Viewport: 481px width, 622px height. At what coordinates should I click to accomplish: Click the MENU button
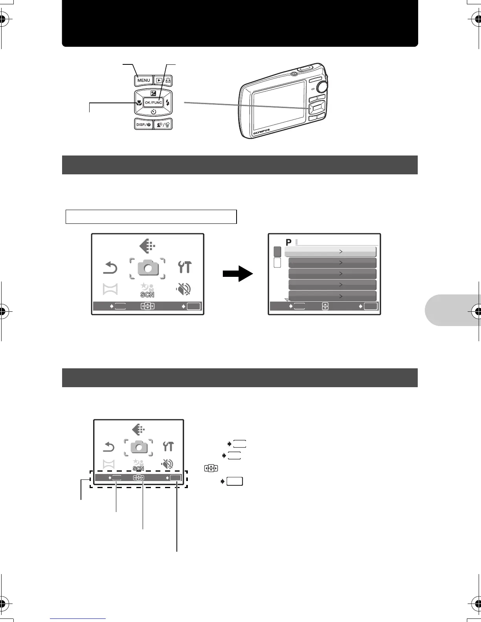(144, 80)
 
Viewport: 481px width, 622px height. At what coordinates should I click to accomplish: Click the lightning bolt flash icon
(168, 103)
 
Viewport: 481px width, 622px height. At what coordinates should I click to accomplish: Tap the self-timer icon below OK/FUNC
(153, 112)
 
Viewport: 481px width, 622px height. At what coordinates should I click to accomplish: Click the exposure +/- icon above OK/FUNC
(153, 93)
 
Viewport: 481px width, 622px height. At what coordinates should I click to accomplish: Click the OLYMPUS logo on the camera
(262, 132)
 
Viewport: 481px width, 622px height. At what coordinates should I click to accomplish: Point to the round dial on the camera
(323, 87)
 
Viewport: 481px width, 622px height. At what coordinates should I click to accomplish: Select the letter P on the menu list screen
(289, 242)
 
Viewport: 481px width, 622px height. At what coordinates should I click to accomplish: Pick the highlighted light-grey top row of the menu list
(330, 252)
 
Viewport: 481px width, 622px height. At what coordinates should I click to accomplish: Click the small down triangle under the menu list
(287, 300)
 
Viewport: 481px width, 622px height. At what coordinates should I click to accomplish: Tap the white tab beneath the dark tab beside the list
(277, 262)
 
